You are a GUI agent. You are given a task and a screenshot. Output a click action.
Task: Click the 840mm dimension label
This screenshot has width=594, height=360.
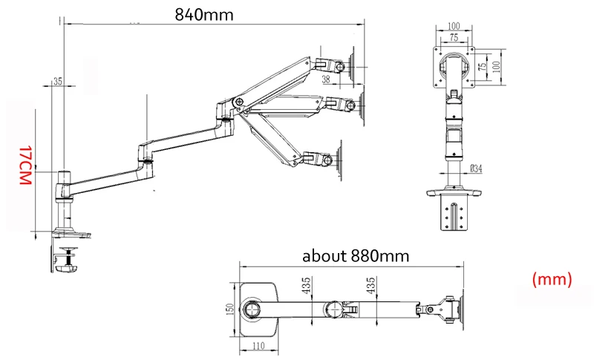204,15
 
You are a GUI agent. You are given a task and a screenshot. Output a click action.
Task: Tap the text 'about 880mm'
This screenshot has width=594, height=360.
356,256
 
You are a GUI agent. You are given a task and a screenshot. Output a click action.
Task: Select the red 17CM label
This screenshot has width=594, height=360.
25,165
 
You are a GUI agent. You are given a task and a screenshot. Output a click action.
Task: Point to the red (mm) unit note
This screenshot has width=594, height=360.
552,280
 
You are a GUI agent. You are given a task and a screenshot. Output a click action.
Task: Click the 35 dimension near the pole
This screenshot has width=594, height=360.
58,82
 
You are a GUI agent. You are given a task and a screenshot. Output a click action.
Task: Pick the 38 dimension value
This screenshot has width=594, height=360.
326,79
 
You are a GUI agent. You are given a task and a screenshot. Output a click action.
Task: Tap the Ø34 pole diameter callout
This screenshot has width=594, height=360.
476,168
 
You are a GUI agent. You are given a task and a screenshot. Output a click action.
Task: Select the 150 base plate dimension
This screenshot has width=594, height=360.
229,309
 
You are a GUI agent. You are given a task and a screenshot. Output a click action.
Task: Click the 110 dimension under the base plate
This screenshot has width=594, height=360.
258,346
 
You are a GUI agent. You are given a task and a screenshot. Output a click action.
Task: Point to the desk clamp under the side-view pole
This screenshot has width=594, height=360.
65,259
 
